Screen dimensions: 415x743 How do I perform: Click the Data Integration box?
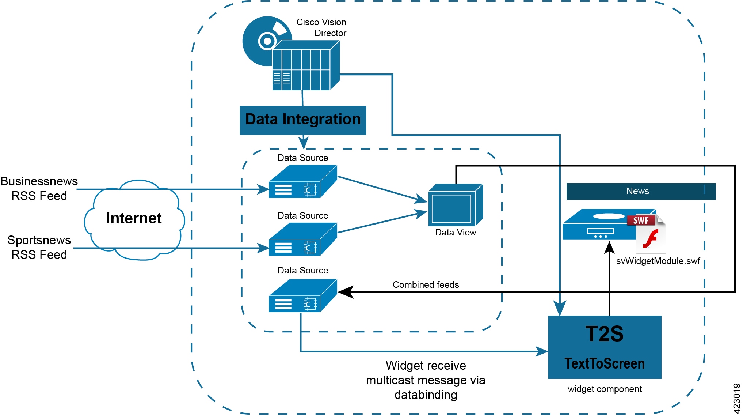(x=303, y=120)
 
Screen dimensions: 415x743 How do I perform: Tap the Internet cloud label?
(x=134, y=218)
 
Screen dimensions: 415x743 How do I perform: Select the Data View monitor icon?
(x=455, y=205)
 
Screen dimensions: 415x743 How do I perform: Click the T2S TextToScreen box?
(x=605, y=347)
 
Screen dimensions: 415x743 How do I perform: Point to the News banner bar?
(x=640, y=191)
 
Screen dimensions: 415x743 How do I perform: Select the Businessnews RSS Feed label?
(x=39, y=188)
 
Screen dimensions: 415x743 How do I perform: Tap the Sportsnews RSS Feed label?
(x=39, y=247)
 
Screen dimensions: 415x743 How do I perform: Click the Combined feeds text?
(x=426, y=284)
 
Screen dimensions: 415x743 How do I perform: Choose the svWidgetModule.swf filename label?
(x=658, y=261)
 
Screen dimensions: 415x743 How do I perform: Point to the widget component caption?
(x=605, y=389)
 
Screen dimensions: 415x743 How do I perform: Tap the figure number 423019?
(x=736, y=398)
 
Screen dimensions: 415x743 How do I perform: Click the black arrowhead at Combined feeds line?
(x=346, y=292)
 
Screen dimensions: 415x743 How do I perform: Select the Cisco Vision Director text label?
(x=322, y=28)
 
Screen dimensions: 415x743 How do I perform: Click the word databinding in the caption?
(x=426, y=395)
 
